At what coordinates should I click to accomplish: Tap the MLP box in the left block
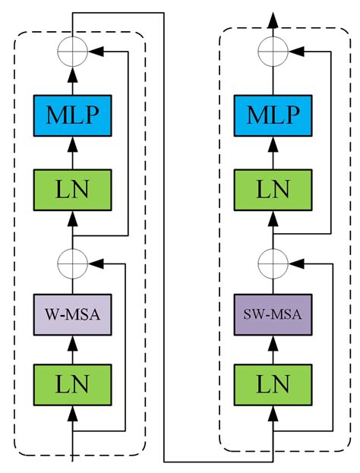(73, 116)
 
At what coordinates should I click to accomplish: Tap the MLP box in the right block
(272, 116)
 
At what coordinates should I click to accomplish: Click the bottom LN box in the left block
(73, 384)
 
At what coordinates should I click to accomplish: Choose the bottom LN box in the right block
(272, 384)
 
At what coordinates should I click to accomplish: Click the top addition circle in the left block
(73, 52)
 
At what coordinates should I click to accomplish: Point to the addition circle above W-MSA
(73, 263)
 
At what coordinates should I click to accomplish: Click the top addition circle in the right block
(272, 52)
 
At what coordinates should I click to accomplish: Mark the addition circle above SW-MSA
(272, 263)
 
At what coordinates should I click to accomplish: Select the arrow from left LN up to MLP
(73, 149)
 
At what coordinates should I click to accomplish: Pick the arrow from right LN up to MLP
(272, 149)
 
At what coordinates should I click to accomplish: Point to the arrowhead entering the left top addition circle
(96, 52)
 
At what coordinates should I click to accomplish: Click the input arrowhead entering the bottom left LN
(73, 414)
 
